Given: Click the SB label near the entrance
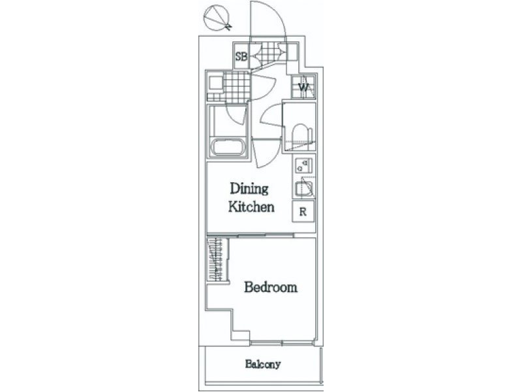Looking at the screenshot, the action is [x=241, y=56].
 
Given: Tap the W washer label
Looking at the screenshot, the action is [x=303, y=88].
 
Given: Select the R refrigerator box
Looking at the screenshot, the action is [x=303, y=211].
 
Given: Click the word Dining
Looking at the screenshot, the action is [x=249, y=189].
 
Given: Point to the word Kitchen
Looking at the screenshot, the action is [x=251, y=206].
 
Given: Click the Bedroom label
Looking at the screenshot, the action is [x=271, y=287].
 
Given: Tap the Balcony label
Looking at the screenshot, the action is [x=263, y=364].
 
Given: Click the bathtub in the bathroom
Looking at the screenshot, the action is [x=228, y=147].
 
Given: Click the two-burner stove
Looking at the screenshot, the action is [x=304, y=165].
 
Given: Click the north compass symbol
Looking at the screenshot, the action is [x=217, y=18].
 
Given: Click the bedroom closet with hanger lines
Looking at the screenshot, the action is [x=217, y=260].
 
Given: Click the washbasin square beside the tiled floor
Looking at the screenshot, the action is [x=215, y=83].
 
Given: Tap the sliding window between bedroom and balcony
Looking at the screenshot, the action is [x=283, y=342].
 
